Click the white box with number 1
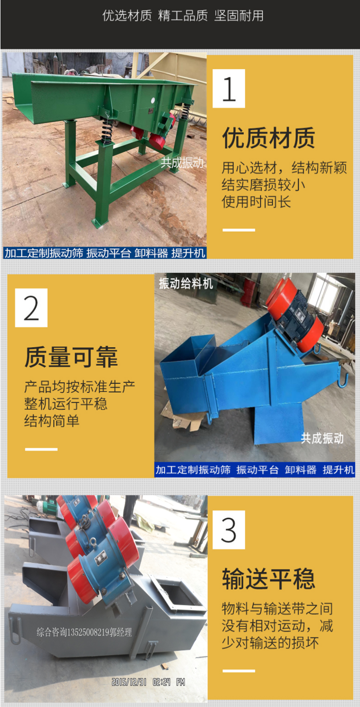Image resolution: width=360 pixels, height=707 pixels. pos(229,88)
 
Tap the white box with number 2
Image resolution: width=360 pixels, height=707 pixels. pos(31,308)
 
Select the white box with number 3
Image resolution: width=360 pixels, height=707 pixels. pos(229,530)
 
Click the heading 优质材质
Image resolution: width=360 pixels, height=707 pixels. pos(268,138)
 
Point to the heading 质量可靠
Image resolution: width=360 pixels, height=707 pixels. pos(72,357)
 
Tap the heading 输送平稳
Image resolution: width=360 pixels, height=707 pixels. pos(268,579)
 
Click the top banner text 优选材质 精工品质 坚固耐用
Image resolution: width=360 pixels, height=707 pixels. pos(183,15)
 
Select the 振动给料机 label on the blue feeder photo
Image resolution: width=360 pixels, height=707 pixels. pos(186,283)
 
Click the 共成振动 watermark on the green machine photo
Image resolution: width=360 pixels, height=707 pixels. pos(182,162)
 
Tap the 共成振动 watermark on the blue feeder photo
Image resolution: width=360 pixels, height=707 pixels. pos(322,438)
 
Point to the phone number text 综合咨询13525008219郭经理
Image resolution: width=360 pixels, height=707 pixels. pos(84,632)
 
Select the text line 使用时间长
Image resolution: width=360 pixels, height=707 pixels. pos(256,202)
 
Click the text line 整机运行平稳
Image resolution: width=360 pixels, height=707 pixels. pos(66,403)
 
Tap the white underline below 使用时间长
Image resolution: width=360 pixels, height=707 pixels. pos(239,230)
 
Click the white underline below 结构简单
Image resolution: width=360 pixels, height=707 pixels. pos(41,449)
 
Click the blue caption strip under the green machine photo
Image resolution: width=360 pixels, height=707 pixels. pos(105,253)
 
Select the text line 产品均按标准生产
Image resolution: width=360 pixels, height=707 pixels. pos(80,387)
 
